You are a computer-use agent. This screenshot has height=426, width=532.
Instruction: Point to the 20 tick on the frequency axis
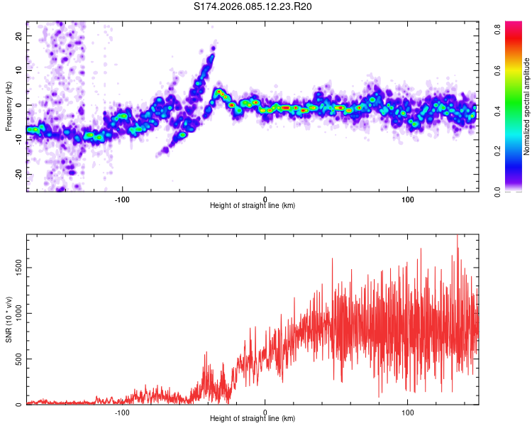19,35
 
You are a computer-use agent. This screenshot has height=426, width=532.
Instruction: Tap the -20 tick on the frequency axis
18,174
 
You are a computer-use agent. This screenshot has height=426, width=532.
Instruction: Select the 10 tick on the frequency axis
19,70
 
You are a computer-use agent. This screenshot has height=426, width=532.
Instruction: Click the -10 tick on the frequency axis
18,139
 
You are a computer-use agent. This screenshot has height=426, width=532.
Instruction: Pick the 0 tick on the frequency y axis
21,104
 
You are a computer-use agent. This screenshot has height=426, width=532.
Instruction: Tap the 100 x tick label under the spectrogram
408,198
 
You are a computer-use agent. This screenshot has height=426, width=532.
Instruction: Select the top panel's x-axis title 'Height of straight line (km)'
253,206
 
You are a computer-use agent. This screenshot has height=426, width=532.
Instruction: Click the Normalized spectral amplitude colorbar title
527,106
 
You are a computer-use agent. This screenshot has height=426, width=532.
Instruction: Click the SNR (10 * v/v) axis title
9,320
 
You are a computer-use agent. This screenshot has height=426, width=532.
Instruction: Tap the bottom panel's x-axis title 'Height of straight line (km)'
253,419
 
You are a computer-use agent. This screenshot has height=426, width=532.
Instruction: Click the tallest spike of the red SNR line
457,237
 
